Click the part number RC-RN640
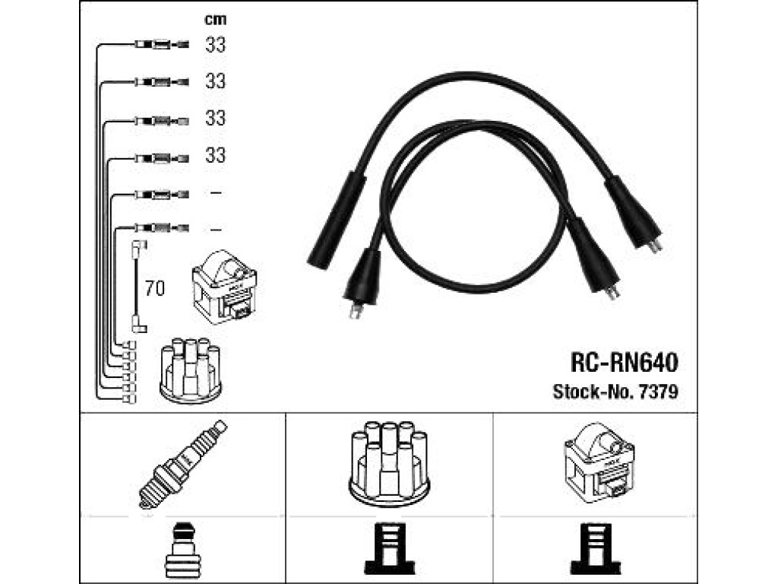(625, 363)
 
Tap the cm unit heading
(215, 20)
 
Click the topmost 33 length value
(215, 45)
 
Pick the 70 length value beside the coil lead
(155, 288)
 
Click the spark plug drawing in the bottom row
(182, 465)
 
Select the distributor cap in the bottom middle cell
(389, 464)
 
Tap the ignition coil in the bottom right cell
(599, 463)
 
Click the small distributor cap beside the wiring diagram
(191, 370)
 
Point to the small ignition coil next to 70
(224, 287)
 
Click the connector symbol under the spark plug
(182, 551)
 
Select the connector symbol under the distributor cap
(390, 549)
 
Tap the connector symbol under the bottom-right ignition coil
(596, 549)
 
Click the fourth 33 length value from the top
(215, 155)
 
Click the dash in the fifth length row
(215, 192)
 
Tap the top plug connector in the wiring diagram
(162, 45)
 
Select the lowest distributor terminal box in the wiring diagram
(129, 398)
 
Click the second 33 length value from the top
(215, 81)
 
